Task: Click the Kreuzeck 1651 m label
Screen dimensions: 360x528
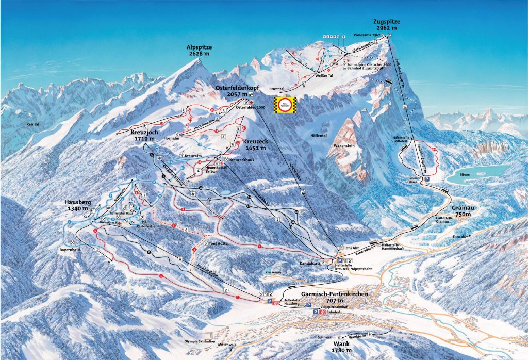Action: pos(254,144)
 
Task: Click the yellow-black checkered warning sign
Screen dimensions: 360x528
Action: pos(285,104)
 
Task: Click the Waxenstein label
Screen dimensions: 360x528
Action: pos(345,146)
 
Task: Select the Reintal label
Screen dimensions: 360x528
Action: pos(30,124)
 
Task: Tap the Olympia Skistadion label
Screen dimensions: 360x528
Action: pos(199,341)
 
